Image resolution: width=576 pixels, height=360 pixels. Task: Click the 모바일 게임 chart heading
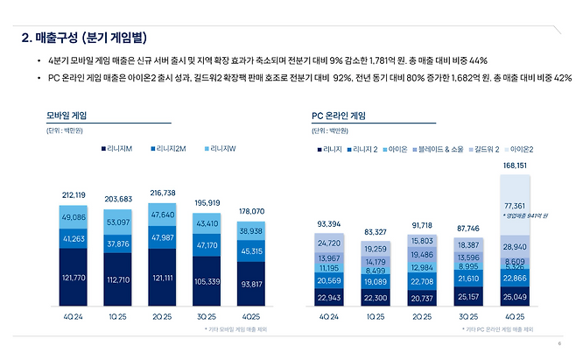pyautogui.click(x=70, y=115)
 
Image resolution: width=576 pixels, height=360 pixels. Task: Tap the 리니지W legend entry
pyautogui.click(x=222, y=149)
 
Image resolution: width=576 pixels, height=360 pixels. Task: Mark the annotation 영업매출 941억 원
pyautogui.click(x=526, y=215)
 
